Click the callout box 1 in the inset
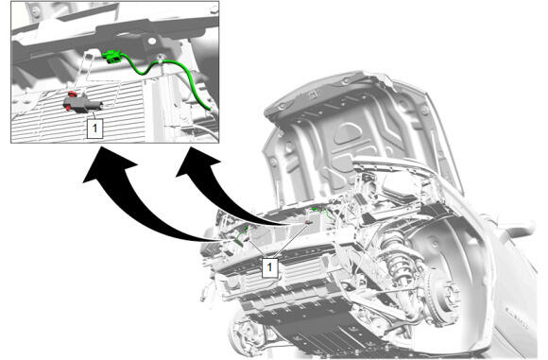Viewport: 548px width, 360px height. coord(94,129)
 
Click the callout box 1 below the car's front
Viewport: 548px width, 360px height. coord(269,267)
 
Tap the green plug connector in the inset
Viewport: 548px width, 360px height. coord(112,57)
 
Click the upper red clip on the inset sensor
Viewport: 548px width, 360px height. coord(72,94)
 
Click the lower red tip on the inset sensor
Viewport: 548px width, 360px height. coord(68,108)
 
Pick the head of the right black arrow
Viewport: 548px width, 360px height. coord(197,162)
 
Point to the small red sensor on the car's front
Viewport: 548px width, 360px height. coord(309,222)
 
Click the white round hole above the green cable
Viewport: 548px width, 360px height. coord(151,42)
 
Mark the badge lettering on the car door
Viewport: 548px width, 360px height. coord(517,317)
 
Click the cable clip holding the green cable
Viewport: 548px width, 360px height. coord(160,60)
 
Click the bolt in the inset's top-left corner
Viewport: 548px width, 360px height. coord(35,12)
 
